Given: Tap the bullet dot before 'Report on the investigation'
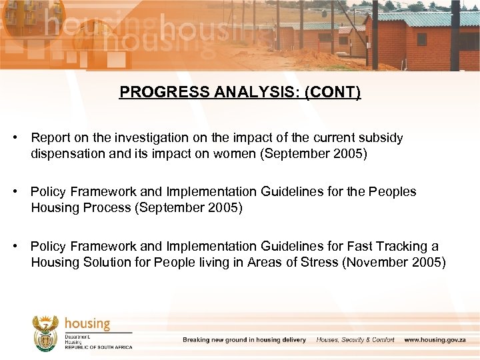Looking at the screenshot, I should (15, 137).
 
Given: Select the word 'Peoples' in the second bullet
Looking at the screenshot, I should (393, 192).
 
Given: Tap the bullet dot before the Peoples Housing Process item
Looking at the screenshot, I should (15, 192).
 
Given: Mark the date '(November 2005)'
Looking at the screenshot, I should (393, 262).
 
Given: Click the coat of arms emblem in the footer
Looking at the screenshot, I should (46, 333).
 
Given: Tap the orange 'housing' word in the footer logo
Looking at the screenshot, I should (87, 324).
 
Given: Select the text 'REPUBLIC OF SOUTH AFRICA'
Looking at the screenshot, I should (98, 347).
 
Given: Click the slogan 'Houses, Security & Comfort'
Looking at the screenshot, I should (355, 340).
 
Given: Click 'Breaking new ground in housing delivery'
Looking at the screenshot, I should (244, 340).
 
